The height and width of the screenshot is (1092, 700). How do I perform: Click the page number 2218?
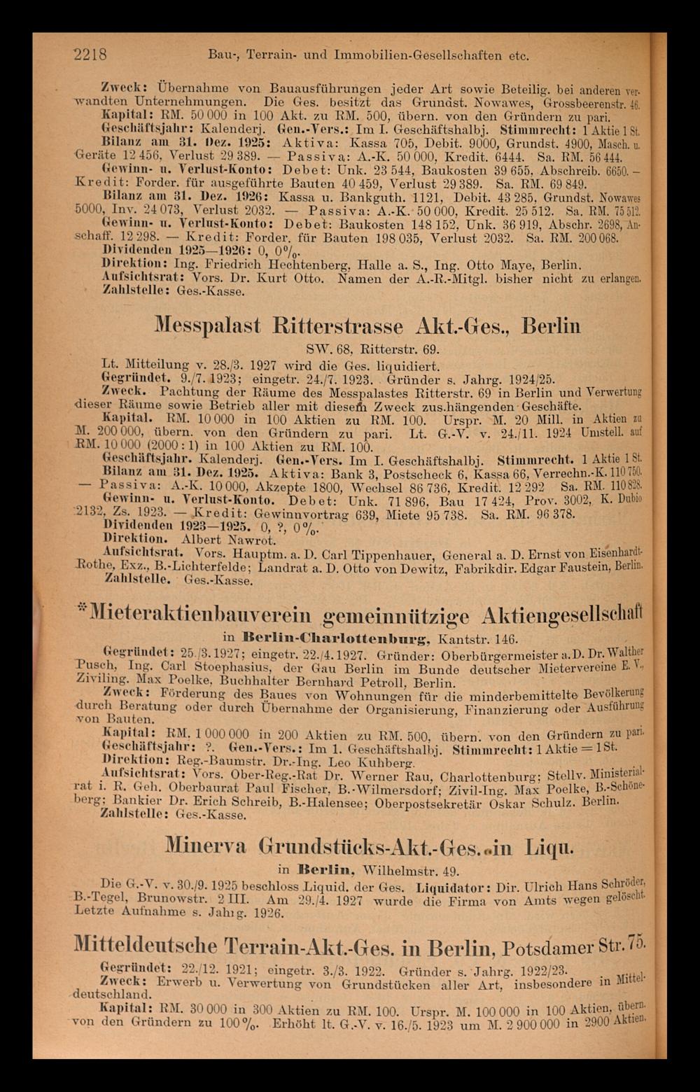90,55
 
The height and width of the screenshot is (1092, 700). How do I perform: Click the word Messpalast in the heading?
207,327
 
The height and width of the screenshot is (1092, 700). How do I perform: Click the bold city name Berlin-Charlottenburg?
335,638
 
